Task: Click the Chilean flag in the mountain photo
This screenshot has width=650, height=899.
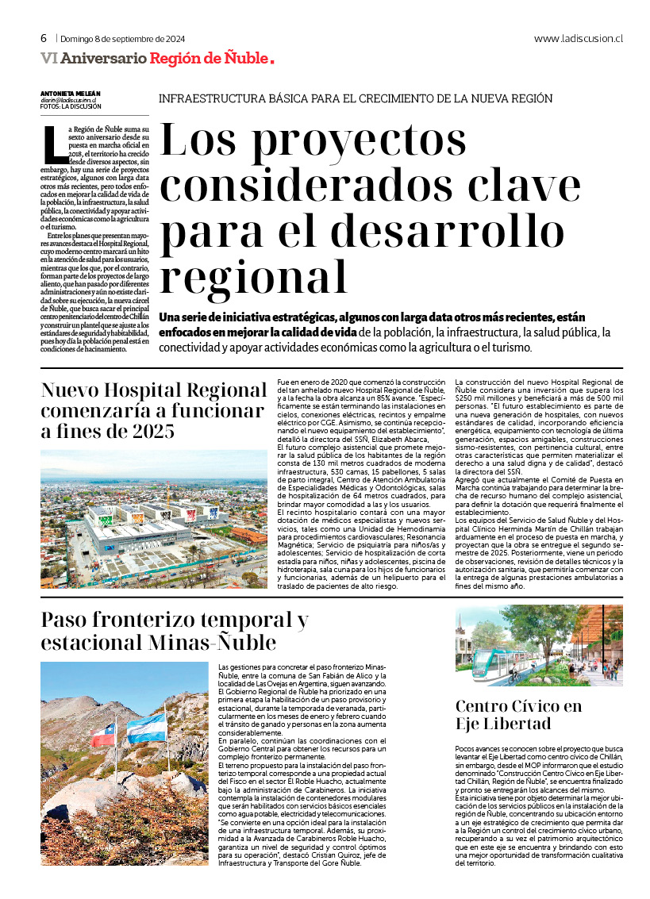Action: pyautogui.click(x=104, y=734)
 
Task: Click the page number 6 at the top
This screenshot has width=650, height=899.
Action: pyautogui.click(x=44, y=38)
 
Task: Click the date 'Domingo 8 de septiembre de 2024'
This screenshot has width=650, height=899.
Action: pyautogui.click(x=122, y=38)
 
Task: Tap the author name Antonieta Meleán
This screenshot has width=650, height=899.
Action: pyautogui.click(x=71, y=93)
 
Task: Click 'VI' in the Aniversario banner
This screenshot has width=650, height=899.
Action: pyautogui.click(x=48, y=58)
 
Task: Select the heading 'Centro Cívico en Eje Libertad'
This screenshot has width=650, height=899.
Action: pyautogui.click(x=518, y=715)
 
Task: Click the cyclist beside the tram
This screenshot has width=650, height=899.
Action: pyautogui.click(x=513, y=673)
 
